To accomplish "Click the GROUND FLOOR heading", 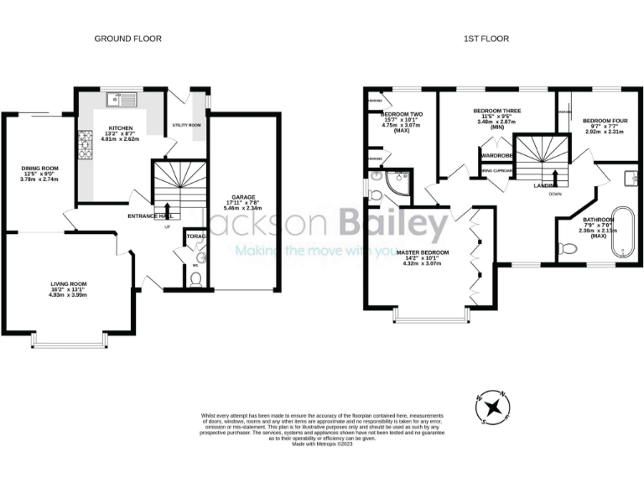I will coord(127,39).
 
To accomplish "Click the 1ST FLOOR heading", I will coord(486,39).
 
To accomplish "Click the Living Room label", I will coord(68,291).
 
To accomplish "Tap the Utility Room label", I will coord(186,124).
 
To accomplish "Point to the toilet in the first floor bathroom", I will coord(567,248).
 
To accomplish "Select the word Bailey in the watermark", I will coord(394,225).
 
